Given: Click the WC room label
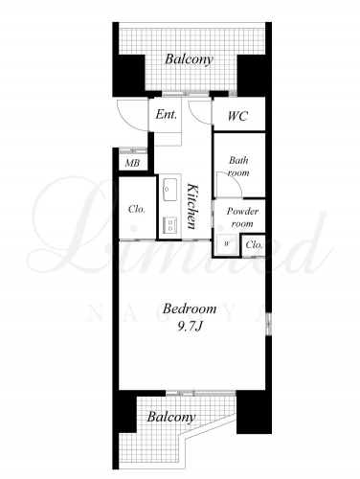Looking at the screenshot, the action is pos(237,116).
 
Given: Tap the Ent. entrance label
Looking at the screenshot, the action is pos(166,114).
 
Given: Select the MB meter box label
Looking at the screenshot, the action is pos(132,163).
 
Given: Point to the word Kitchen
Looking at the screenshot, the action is pos(192,206).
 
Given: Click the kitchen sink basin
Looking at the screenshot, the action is pos(169,189).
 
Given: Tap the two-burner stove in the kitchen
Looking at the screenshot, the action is pos(169,224).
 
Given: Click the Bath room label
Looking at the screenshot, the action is pos(238,167).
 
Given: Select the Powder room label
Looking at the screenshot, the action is pos(242,217).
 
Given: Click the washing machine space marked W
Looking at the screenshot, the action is pos(227,244).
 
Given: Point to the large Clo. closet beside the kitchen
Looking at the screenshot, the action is pos(137,209).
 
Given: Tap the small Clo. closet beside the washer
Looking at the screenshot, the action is pos(255,245).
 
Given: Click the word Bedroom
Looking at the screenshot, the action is pos(190,308).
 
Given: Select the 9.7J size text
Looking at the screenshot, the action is pos(190,327).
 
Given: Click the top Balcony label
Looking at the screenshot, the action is pos(189,59).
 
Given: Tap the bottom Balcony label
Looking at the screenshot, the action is pos(171,418).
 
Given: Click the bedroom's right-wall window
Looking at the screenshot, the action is pos(269,324).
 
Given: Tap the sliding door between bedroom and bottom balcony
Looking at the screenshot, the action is pos(201,393).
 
